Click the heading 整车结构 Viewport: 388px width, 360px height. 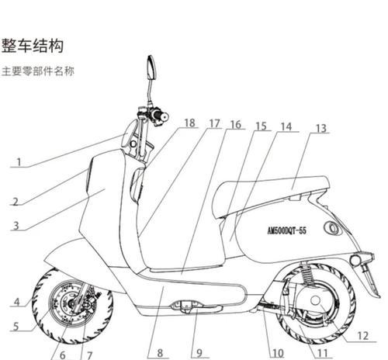(x=33, y=46)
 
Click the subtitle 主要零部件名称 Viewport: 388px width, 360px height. (x=38, y=71)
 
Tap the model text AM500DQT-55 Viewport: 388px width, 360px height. (x=286, y=230)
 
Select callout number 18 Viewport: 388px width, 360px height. (x=190, y=123)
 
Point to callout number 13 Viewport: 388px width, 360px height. (x=321, y=128)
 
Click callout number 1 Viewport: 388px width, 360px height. (x=19, y=162)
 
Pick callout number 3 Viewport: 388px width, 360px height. (x=16, y=226)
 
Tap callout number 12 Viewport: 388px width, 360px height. (x=362, y=336)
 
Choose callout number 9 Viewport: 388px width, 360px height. (x=199, y=353)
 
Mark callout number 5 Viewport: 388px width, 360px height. (x=16, y=327)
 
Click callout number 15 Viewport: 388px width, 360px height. (x=261, y=126)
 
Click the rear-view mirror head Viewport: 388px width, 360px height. (x=151, y=67)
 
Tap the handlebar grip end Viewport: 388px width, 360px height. (x=165, y=117)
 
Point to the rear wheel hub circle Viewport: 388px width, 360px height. (x=315, y=300)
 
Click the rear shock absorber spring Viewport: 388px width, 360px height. (x=307, y=274)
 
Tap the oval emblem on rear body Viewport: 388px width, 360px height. (x=332, y=228)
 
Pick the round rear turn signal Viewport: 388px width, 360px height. (x=355, y=260)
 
